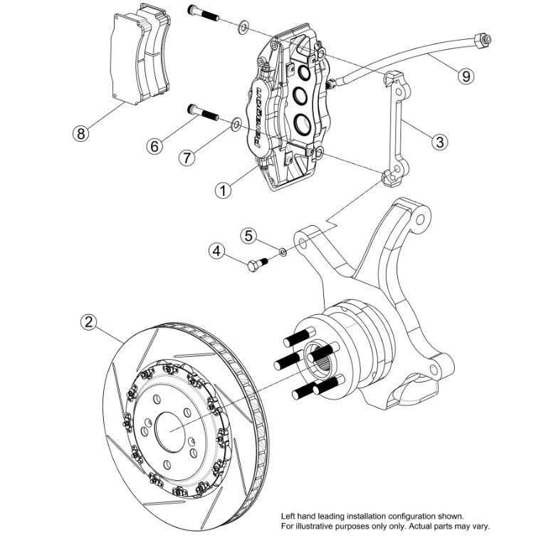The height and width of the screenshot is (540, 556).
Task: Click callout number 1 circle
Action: [x=224, y=190]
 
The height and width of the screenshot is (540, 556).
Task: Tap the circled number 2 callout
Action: [x=88, y=323]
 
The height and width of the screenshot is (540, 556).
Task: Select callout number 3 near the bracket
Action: [x=440, y=142]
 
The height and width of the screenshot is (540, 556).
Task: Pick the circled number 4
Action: [x=217, y=250]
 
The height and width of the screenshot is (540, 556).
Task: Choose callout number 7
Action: [x=186, y=158]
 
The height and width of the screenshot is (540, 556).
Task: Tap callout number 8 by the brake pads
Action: [x=81, y=133]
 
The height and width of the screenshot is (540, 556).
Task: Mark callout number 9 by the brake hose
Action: [x=465, y=76]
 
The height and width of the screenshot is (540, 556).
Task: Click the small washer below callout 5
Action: [x=282, y=251]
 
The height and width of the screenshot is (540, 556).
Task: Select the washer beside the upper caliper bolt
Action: [x=243, y=27]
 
